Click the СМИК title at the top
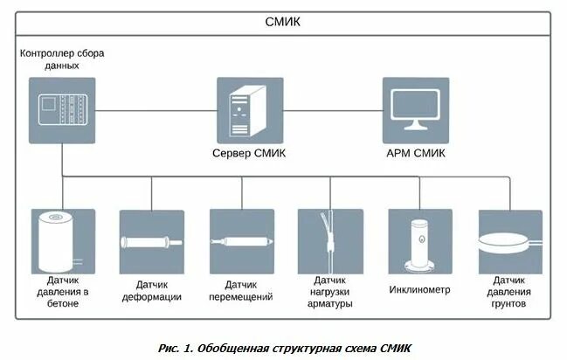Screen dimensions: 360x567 click(283, 22)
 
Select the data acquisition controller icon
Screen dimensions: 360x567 click(61, 110)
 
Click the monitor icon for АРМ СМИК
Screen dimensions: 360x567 click(415, 110)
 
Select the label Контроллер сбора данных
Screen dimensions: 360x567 click(62, 59)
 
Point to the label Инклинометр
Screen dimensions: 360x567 click(419, 289)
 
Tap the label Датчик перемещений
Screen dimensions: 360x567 click(241, 291)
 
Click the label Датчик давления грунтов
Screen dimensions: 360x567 click(509, 292)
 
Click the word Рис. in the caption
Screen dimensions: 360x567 click(172, 347)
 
